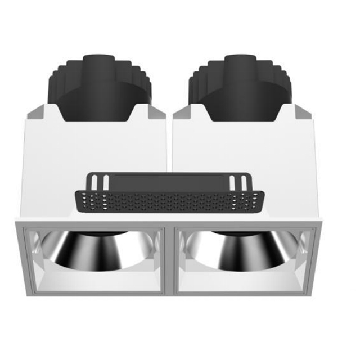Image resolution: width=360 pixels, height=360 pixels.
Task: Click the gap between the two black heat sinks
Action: pyautogui.click(x=170, y=96)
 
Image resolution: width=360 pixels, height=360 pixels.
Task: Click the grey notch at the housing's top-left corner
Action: pyautogui.click(x=34, y=112)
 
